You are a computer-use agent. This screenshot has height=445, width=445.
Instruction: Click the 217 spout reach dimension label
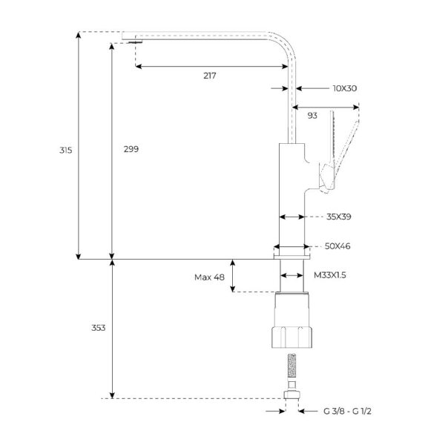209,76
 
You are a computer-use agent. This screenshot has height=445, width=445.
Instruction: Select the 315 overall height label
65,150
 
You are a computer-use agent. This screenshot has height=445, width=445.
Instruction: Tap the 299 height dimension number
131,149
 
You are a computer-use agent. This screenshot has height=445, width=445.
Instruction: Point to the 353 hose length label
98,328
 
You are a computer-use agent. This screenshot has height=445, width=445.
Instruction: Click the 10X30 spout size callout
345,88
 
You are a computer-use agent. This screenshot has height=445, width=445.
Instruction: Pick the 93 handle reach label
312,116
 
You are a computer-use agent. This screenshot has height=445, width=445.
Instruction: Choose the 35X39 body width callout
339,217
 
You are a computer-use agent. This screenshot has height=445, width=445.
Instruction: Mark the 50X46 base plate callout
337,246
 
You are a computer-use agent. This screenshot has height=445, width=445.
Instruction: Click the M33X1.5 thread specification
330,275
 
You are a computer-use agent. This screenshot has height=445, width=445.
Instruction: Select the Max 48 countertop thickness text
209,277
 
